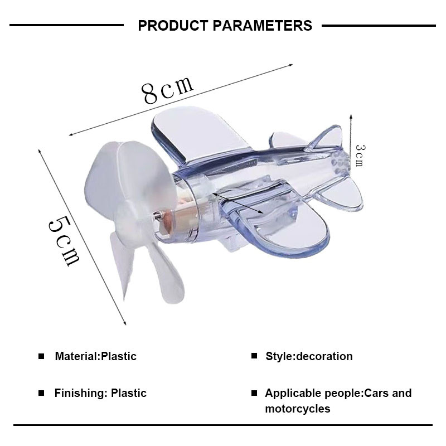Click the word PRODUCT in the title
click(173, 26)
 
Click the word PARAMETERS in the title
click(262, 26)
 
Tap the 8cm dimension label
click(168, 90)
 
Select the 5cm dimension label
click(64, 241)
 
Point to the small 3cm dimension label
click(360, 156)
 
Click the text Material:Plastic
click(95, 356)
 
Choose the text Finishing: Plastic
click(100, 393)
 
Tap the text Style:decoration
click(309, 356)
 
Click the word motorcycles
click(298, 409)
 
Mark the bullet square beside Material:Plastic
click(41, 356)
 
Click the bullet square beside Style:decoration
click(254, 356)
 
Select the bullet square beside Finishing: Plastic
click(41, 393)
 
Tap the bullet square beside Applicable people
click(254, 393)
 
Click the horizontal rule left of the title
click(66, 25)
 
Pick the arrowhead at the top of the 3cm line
click(351, 117)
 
